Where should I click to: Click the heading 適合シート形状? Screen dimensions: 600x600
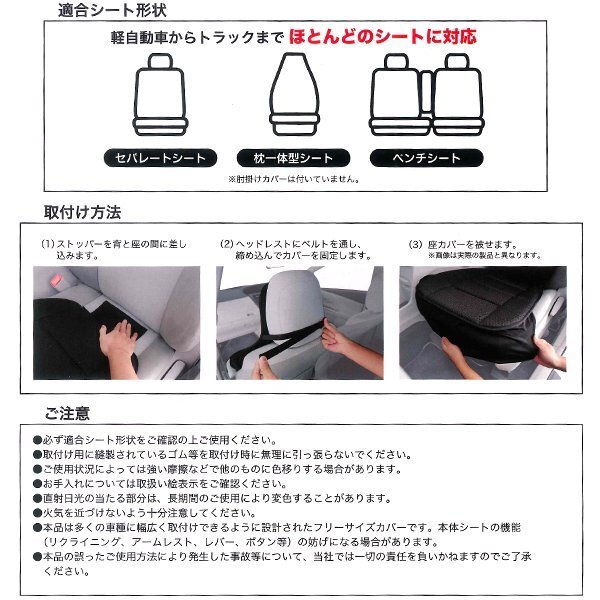pos(112,10)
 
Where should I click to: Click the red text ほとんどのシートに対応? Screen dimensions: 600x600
pos(383,37)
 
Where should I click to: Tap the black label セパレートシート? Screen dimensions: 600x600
pos(160,158)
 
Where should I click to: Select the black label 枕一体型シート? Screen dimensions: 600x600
pos(293,158)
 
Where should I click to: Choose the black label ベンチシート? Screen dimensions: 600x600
pos(426,158)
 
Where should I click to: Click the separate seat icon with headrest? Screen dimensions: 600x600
pos(160,95)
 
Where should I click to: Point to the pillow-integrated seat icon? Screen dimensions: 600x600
pos(294,94)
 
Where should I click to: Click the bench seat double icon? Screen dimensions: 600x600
pos(427,95)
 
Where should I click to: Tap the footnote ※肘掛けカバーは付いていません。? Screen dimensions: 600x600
pos(294,179)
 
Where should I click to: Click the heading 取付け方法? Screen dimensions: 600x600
pos(82,212)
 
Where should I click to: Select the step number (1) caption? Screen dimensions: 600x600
pos(114,249)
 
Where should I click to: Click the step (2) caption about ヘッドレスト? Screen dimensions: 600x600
pos(295,249)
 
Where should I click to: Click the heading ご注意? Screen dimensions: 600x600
pos(67,413)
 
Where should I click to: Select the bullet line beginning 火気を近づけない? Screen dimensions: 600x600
pos(145,513)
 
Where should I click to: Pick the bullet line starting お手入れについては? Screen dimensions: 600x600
pos(160,484)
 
